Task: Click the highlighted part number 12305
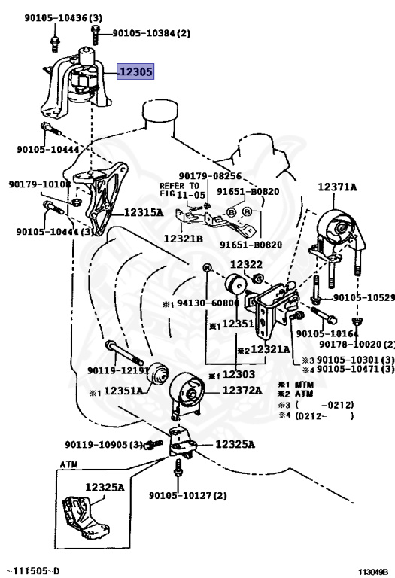pyautogui.click(x=135, y=71)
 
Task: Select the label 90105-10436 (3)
pyautogui.click(x=63, y=18)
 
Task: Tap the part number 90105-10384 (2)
pyautogui.click(x=151, y=33)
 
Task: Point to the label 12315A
pyautogui.click(x=144, y=212)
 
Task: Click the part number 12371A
pyautogui.click(x=337, y=187)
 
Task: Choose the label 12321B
pyautogui.click(x=183, y=239)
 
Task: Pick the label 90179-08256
pyautogui.click(x=210, y=176)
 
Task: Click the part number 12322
pyautogui.click(x=247, y=264)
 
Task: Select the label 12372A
pyautogui.click(x=242, y=390)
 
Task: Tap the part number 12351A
pyautogui.click(x=123, y=391)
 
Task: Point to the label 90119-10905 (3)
pyautogui.click(x=104, y=445)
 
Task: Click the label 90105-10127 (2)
pyautogui.click(x=188, y=495)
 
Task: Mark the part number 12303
pyautogui.click(x=239, y=374)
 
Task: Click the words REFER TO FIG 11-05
pyautogui.click(x=181, y=190)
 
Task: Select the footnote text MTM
pyautogui.click(x=305, y=385)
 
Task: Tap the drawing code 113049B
pyautogui.click(x=374, y=572)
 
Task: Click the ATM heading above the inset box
pyautogui.click(x=69, y=464)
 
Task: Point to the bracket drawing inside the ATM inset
pyautogui.click(x=87, y=517)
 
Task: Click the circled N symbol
pyautogui.click(x=207, y=268)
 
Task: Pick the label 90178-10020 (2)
pyautogui.click(x=357, y=344)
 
